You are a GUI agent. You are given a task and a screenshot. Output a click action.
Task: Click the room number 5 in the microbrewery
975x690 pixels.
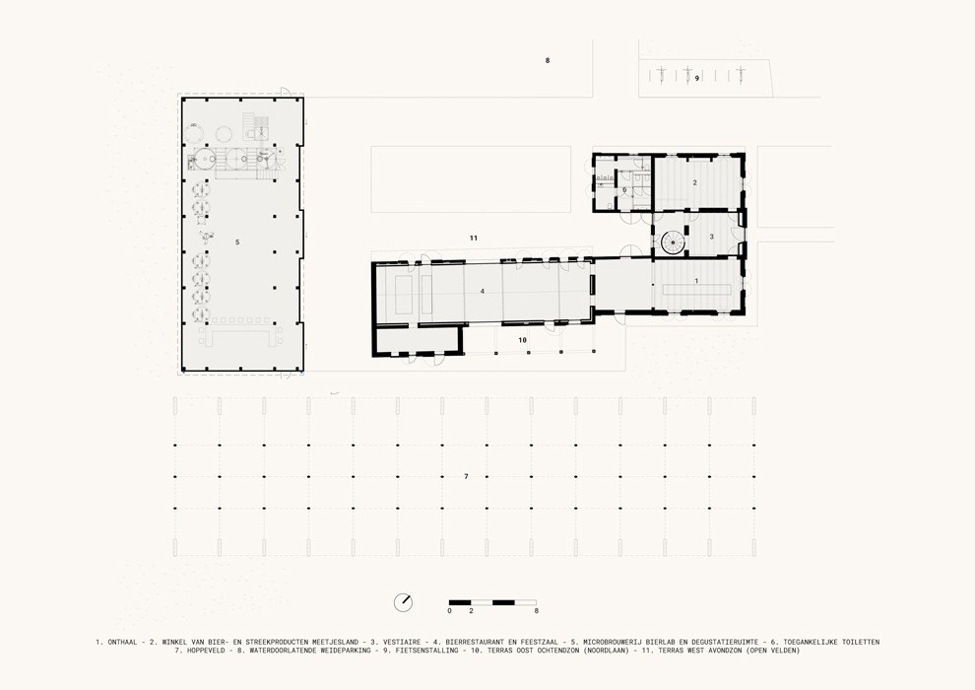(x=237, y=242)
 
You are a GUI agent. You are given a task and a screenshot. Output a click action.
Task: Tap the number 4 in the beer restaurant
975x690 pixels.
(x=482, y=291)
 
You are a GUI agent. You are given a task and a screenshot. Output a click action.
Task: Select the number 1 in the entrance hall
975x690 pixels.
(x=696, y=281)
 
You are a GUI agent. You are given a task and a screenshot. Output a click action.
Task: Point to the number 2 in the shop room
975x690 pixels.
(x=694, y=182)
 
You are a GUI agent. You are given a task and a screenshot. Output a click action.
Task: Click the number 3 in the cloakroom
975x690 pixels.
(x=711, y=237)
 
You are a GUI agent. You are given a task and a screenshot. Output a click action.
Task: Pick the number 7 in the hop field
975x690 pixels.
(x=466, y=476)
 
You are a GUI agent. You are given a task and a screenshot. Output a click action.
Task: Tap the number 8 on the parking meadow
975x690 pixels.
(x=548, y=60)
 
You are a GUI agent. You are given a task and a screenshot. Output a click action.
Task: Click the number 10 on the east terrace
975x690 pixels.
(x=522, y=340)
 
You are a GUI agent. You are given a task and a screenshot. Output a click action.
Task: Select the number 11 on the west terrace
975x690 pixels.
(x=473, y=238)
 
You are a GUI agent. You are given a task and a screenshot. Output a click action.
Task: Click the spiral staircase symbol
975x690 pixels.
(x=673, y=242)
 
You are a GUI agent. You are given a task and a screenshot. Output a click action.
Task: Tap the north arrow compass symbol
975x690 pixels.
(x=403, y=601)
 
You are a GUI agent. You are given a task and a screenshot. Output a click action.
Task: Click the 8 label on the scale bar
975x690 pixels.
(x=536, y=611)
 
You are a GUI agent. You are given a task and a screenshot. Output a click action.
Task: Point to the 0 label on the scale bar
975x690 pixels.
(x=449, y=611)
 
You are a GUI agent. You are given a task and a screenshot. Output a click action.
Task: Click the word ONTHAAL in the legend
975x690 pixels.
(x=122, y=642)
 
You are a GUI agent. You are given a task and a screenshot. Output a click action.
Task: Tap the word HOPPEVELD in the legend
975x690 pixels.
(x=206, y=651)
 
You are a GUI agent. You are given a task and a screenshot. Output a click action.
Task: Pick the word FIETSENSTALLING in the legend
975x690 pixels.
(x=427, y=651)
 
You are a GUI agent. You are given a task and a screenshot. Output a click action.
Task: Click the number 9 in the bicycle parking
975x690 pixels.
(x=697, y=79)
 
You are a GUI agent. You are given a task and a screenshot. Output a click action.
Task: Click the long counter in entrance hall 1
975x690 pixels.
(x=696, y=290)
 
